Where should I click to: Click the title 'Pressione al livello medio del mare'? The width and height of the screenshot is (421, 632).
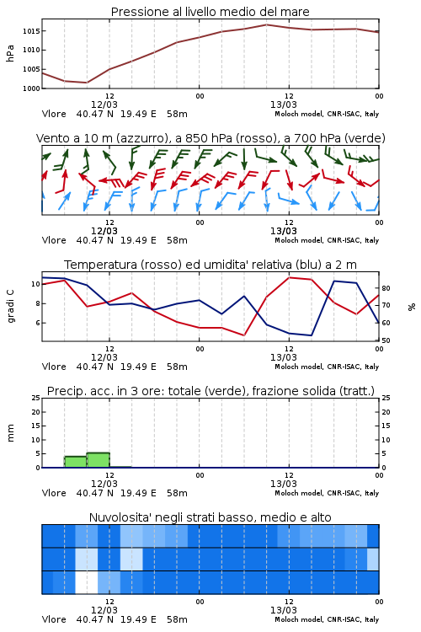pyautogui.click(x=210, y=12)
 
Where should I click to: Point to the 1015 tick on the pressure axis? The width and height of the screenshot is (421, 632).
pyautogui.click(x=30, y=31)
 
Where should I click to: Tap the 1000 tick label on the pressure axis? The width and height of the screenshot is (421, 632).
pyautogui.click(x=30, y=88)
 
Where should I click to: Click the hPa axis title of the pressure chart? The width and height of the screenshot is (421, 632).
pyautogui.click(x=10, y=53)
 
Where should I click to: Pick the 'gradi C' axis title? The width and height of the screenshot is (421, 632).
pyautogui.click(x=11, y=306)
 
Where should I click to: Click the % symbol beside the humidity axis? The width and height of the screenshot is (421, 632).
pyautogui.click(x=412, y=307)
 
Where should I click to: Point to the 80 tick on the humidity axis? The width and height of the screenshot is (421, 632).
pyautogui.click(x=386, y=288)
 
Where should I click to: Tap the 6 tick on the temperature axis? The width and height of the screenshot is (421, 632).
pyautogui.click(x=38, y=323)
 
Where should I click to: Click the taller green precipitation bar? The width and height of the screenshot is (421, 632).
pyautogui.click(x=99, y=460)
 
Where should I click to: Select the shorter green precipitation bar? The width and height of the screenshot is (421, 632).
pyautogui.click(x=75, y=462)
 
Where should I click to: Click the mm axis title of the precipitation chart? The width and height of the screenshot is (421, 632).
pyautogui.click(x=10, y=432)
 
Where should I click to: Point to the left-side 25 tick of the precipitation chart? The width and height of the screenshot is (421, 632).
pyautogui.click(x=36, y=398)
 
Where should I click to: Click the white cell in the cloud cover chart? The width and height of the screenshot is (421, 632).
pyautogui.click(x=87, y=582)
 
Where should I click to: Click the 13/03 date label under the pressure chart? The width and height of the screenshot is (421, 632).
pyautogui.click(x=284, y=104)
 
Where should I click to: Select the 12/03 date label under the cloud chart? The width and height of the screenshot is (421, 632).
pyautogui.click(x=104, y=610)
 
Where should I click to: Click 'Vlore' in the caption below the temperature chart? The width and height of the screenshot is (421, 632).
pyautogui.click(x=54, y=367)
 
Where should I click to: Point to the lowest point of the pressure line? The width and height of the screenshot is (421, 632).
pyautogui.click(x=87, y=83)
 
